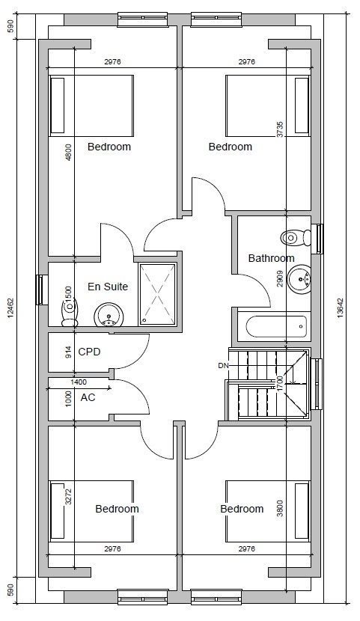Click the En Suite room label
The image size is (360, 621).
click(108, 287)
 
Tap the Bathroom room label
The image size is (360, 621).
click(271, 259)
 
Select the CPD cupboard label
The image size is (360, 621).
click(89, 352)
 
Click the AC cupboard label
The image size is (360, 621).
click(88, 397)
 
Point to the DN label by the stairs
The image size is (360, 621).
click(223, 366)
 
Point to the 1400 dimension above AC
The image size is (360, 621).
click(78, 382)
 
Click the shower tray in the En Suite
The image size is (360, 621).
click(157, 295)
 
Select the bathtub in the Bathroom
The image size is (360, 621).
click(276, 326)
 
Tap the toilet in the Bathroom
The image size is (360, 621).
click(295, 238)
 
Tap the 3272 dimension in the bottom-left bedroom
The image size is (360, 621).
click(67, 497)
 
